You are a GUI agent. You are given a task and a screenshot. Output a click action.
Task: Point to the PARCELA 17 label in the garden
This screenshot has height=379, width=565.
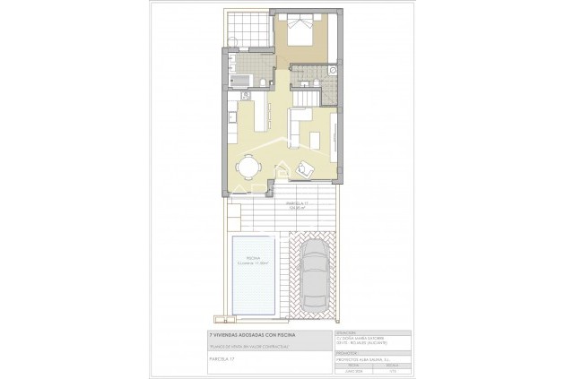click(x=297, y=203)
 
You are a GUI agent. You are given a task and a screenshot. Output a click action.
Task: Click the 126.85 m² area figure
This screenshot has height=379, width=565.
click(x=297, y=209)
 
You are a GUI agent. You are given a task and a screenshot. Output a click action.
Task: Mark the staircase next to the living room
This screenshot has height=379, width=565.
click(x=309, y=90)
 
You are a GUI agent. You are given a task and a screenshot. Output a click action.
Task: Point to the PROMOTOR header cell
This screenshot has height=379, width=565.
click(x=347, y=351)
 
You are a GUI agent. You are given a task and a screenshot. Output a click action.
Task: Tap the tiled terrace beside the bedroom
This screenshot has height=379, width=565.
click(x=245, y=26)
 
